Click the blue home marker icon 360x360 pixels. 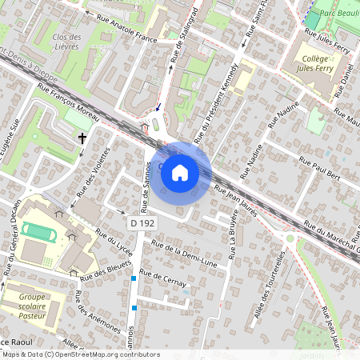click(180, 172)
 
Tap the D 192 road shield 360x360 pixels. click(142, 223)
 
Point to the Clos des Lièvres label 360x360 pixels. click(66, 42)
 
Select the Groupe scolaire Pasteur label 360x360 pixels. click(32, 306)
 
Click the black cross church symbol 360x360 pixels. click(81, 139)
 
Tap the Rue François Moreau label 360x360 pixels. click(69, 111)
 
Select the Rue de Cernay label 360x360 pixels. click(162, 278)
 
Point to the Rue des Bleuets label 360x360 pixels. click(107, 270)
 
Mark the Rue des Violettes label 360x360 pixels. click(92, 173)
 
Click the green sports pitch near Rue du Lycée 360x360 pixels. click(35, 231)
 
